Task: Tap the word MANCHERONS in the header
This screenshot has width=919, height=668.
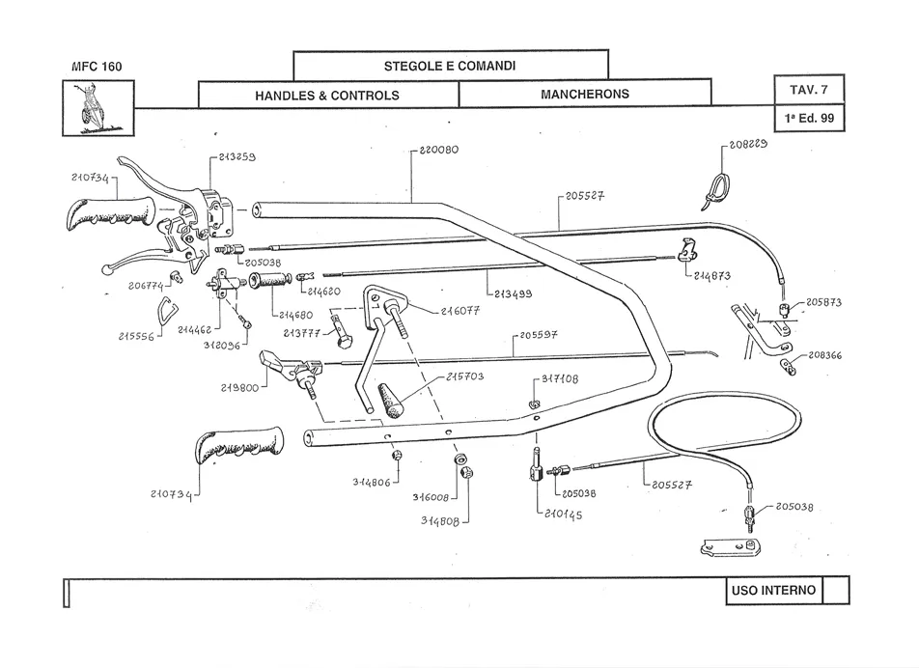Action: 584,95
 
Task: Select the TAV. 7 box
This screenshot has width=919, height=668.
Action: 809,90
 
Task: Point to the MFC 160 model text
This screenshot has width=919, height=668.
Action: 97,68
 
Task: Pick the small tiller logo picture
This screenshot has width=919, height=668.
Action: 97,106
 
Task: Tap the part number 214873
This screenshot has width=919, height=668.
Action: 711,276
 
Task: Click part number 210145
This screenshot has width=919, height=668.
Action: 562,515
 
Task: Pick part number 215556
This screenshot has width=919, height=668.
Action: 137,337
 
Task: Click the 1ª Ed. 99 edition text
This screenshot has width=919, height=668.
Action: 809,119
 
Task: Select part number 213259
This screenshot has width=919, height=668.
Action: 237,156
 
